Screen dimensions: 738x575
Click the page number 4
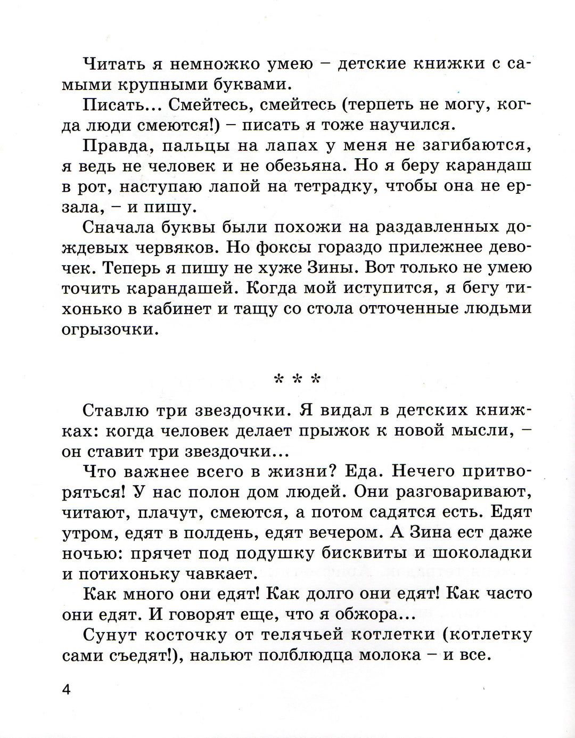pyautogui.click(x=67, y=690)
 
